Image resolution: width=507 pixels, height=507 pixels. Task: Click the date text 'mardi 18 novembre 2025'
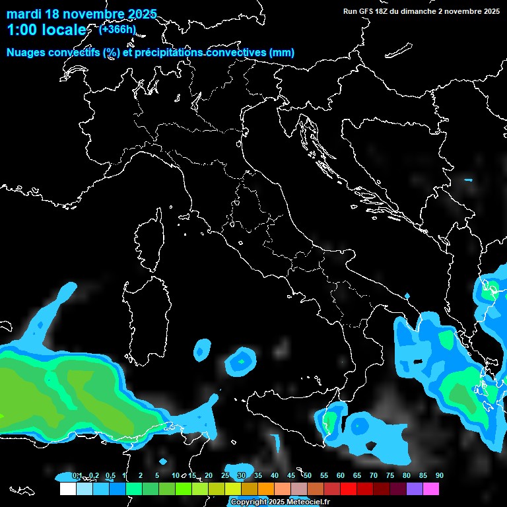(x=82, y=14)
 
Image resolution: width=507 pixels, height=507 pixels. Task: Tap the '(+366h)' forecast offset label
(x=118, y=29)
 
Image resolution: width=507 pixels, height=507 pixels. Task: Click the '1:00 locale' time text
(x=46, y=30)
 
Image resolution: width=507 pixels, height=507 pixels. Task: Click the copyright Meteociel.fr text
(x=280, y=502)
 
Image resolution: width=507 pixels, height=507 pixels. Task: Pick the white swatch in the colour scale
(x=67, y=489)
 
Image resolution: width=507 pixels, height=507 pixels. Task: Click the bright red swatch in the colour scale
(x=349, y=489)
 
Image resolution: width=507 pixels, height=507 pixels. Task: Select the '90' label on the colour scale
(x=440, y=476)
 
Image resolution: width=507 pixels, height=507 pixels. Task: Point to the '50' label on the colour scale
(x=308, y=476)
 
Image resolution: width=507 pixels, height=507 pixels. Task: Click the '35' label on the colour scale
(x=258, y=476)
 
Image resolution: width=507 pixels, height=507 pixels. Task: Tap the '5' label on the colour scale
(x=157, y=476)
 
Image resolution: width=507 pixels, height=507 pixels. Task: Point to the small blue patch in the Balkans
(x=469, y=180)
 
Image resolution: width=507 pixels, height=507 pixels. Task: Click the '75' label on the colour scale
(x=390, y=476)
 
